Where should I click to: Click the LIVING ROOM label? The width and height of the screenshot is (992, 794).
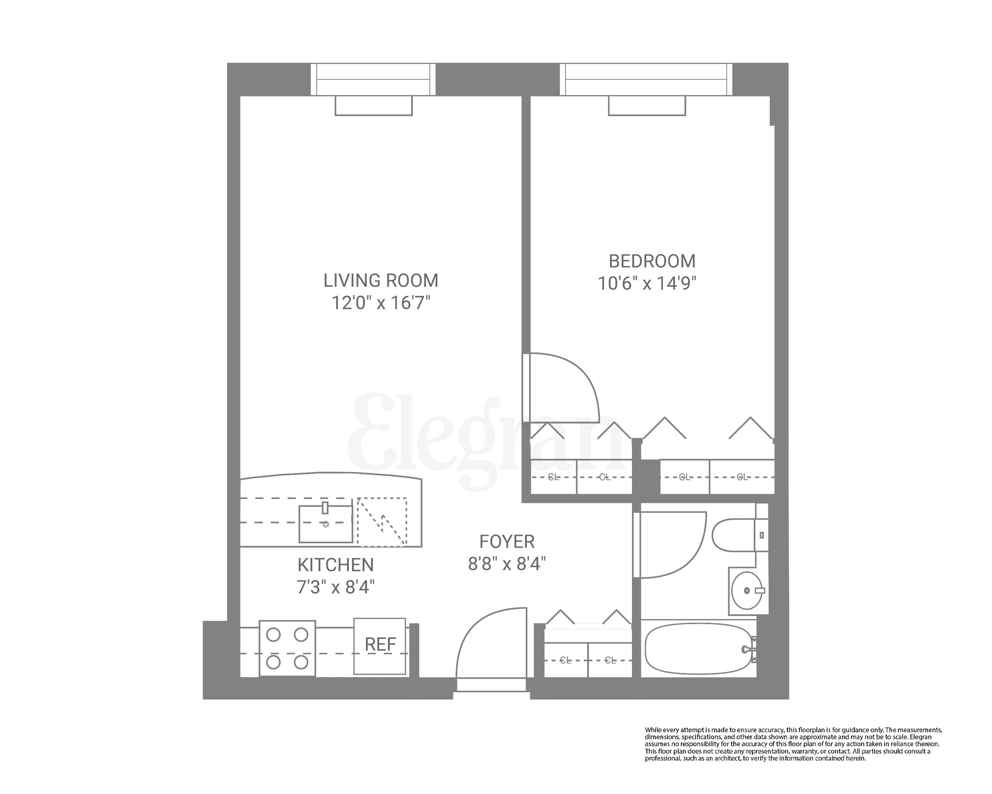tap(381, 280)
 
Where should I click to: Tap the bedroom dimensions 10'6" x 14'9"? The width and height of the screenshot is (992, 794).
tap(647, 283)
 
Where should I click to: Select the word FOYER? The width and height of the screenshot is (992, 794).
tap(507, 542)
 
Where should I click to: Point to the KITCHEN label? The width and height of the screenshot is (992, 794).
tap(335, 565)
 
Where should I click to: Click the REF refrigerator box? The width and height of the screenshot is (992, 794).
tap(380, 645)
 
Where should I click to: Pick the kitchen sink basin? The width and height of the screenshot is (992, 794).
tap(325, 524)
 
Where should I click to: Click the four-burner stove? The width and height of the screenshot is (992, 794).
tap(287, 648)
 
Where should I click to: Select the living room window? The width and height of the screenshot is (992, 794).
tap(373, 79)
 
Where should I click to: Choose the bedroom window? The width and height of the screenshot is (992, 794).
tap(646, 79)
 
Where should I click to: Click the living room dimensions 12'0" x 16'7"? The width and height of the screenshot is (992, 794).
tap(381, 303)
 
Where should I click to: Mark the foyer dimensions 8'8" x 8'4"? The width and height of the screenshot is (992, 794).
tap(507, 564)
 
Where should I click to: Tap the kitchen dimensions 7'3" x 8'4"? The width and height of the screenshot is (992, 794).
tap(335, 587)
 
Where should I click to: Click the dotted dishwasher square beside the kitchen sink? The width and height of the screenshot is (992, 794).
tap(382, 522)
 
